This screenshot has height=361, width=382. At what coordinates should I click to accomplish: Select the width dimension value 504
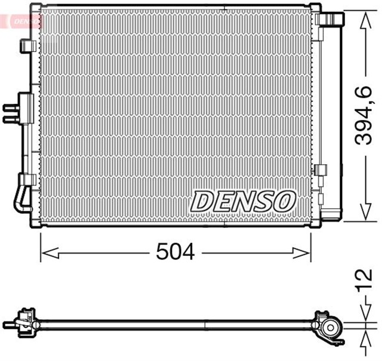click(x=175, y=252)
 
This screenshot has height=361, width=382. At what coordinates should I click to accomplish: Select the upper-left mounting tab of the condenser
click(x=27, y=47)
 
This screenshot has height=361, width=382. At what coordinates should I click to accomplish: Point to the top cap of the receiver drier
click(x=329, y=18)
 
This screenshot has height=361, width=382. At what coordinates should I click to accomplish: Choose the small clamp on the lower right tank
click(x=322, y=170)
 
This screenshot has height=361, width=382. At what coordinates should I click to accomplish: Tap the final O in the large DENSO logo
click(x=285, y=201)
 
